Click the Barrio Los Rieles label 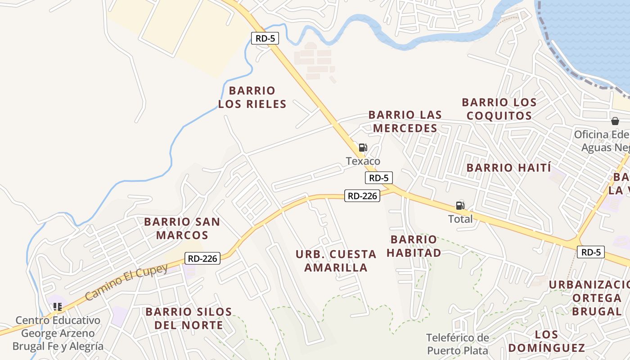(x=252, y=97)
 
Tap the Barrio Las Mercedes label (x=405, y=121)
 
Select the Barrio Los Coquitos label (x=499, y=109)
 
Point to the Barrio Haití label (x=508, y=168)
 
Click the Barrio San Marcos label (x=182, y=228)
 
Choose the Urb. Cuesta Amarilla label (x=336, y=261)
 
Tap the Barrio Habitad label (x=414, y=246)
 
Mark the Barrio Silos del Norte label (x=189, y=318)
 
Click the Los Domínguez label (x=547, y=341)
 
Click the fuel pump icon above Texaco (x=363, y=148)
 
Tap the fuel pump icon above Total (x=460, y=206)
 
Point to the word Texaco (x=363, y=161)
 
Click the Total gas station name (x=460, y=219)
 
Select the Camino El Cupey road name (x=126, y=282)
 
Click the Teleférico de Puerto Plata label (x=458, y=344)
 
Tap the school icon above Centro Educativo (x=57, y=307)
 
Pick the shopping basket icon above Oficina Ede (x=615, y=121)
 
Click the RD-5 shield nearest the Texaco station (x=378, y=178)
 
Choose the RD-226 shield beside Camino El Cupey (x=202, y=258)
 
